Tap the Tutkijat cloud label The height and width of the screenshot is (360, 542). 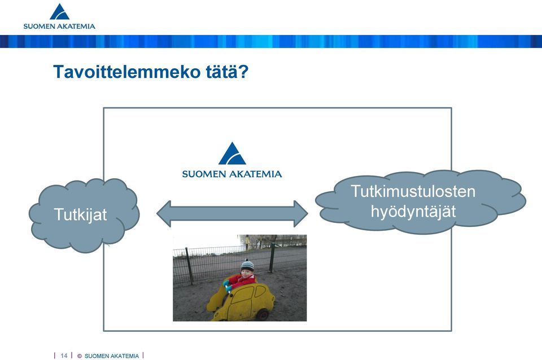(x=81, y=214)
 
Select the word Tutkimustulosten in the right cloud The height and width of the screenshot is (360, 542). (x=413, y=191)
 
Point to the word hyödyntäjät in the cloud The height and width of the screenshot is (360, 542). (x=413, y=212)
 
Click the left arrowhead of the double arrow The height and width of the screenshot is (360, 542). (x=164, y=214)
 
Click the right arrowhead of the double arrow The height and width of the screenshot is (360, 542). (x=301, y=214)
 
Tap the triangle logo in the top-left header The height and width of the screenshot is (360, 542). (x=59, y=12)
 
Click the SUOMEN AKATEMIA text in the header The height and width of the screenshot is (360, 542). (x=59, y=27)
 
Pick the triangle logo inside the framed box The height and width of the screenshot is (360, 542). (x=232, y=153)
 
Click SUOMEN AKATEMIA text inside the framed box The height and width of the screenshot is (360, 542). (x=232, y=174)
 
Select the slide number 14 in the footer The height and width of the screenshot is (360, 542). (x=64, y=355)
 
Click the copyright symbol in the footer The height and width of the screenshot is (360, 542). (x=80, y=356)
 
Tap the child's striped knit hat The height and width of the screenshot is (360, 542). (x=247, y=265)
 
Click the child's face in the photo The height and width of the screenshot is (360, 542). (x=247, y=274)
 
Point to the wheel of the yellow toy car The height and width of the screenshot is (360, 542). (x=263, y=314)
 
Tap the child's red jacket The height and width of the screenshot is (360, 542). (x=242, y=280)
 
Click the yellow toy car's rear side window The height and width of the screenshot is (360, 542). (x=260, y=291)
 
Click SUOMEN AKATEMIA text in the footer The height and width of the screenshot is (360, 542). (x=112, y=356)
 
